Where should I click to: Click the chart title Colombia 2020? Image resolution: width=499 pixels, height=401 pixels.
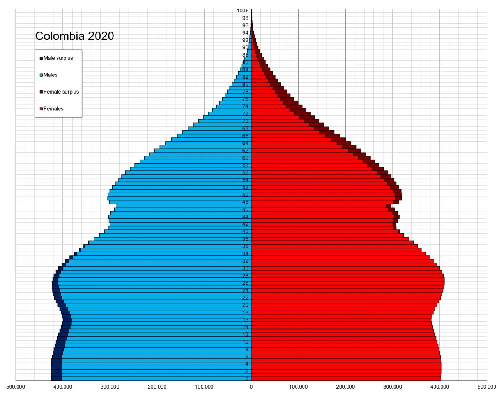point(74,36)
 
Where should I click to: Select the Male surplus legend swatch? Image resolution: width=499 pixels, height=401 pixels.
point(41,58)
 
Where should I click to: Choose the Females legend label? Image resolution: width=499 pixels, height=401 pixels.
point(53,109)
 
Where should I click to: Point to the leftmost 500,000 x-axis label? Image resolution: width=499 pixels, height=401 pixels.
point(16,387)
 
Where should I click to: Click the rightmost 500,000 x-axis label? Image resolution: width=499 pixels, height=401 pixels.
point(487,387)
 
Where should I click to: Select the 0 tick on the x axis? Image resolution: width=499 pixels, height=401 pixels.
point(251,387)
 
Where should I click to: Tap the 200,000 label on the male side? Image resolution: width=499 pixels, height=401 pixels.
point(157,387)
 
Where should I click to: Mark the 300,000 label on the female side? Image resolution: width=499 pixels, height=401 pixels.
point(393,387)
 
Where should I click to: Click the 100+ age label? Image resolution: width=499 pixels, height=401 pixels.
point(242,11)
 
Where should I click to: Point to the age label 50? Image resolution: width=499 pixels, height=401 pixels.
point(245,195)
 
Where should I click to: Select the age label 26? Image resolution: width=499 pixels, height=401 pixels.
point(245,283)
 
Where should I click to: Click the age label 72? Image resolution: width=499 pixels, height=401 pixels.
point(245,114)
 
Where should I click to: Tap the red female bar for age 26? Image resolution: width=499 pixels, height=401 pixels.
point(347,283)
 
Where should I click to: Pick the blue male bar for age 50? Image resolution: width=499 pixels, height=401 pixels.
point(179,195)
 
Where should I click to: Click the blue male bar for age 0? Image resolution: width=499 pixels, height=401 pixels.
point(156,378)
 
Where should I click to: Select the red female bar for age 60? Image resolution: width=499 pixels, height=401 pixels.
point(304,158)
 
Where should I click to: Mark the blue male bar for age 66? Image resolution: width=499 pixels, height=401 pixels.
point(214,136)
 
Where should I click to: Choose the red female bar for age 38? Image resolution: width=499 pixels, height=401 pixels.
point(327,239)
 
